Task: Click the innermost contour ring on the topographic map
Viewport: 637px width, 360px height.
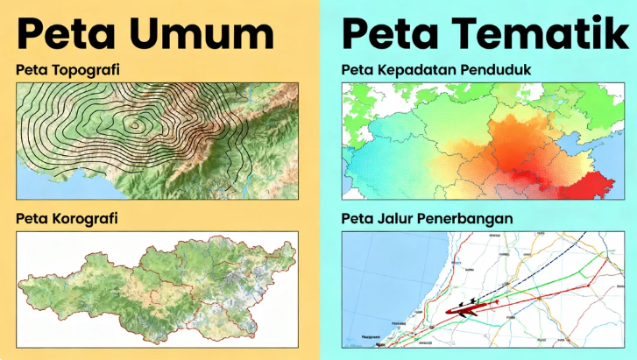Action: (134, 124)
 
